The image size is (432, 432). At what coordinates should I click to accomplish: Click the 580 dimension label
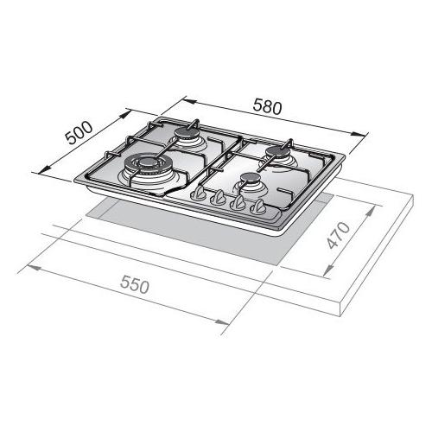click(267, 106)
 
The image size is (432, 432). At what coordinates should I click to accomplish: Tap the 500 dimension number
click(79, 133)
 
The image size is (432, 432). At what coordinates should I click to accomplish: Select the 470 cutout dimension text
click(339, 235)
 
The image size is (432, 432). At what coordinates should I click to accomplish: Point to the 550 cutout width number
click(135, 284)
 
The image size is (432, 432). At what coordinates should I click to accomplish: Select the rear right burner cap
click(276, 152)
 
